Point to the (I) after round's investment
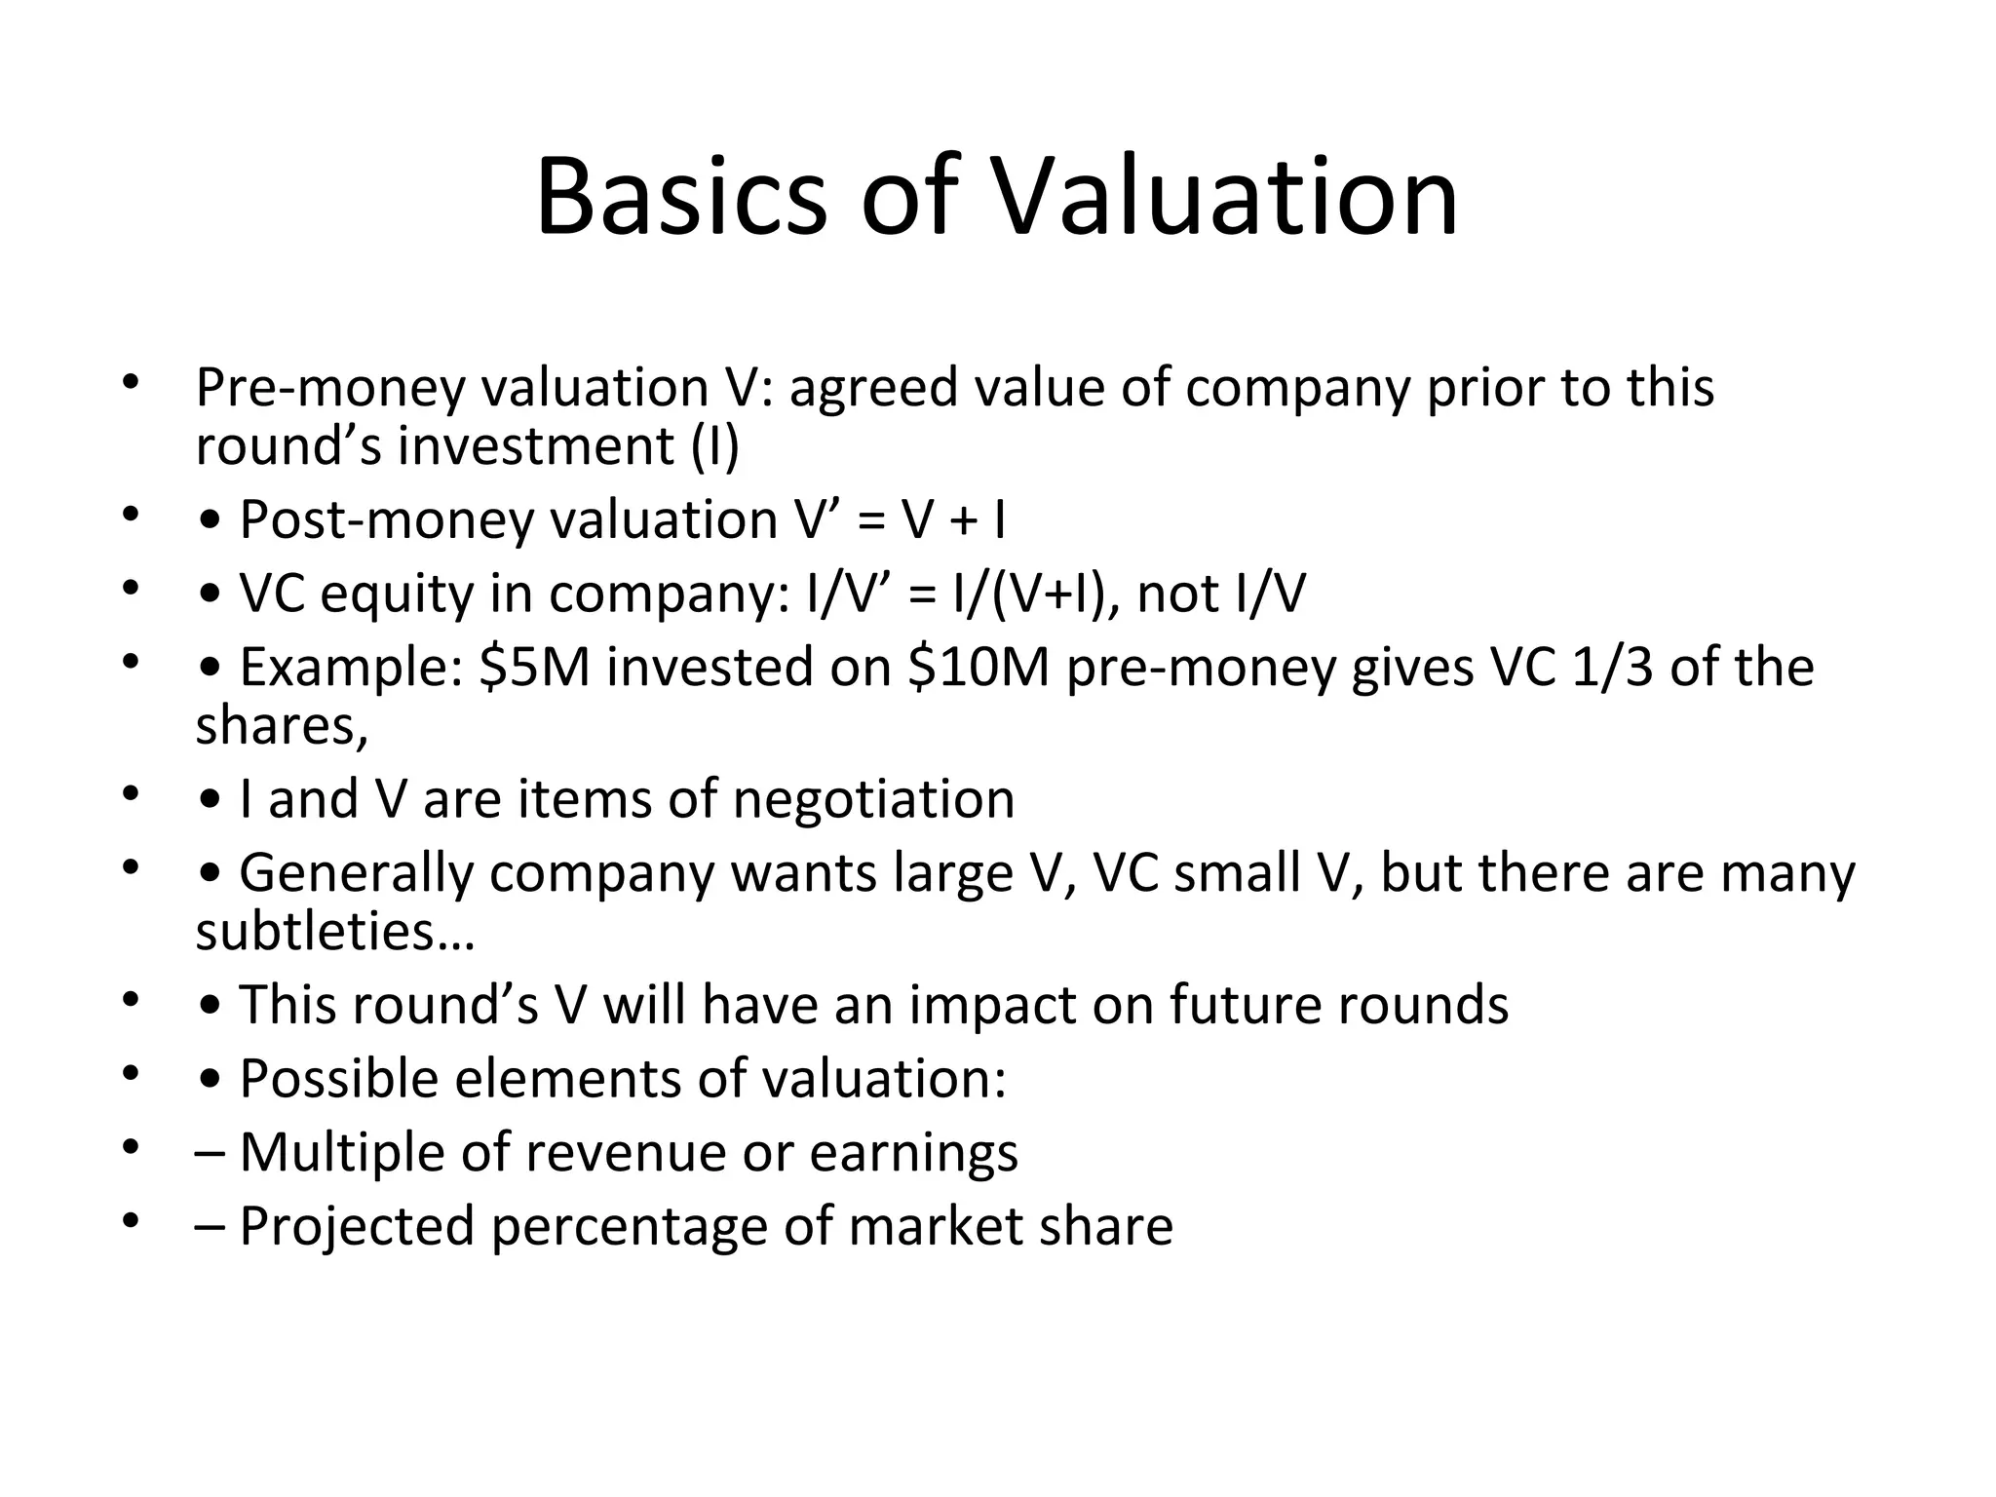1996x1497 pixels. (x=715, y=447)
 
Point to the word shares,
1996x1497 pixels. (x=282, y=727)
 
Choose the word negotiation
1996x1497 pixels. (x=873, y=800)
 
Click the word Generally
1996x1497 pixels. (x=356, y=873)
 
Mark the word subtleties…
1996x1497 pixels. (x=334, y=932)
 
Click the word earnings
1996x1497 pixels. (x=913, y=1153)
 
